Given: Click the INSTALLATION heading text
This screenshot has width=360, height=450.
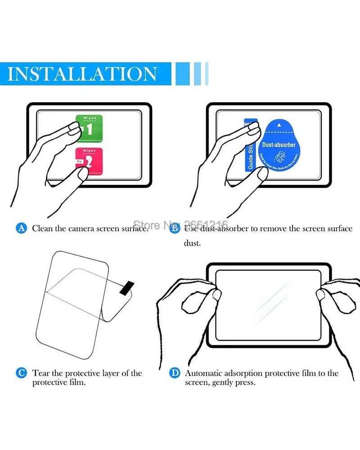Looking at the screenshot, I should [82, 74].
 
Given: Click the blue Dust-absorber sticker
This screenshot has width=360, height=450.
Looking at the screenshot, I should [279, 144].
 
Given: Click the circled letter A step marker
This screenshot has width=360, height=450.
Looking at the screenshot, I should [22, 228].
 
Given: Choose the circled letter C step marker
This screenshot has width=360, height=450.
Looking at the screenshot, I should [21, 373].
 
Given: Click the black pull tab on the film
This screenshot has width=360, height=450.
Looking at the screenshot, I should [126, 288].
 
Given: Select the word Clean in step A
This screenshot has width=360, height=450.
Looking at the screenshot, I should [42, 228].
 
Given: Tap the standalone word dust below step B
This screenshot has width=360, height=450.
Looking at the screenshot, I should [192, 243].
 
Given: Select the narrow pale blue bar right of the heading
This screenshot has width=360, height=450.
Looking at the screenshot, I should [207, 74].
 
